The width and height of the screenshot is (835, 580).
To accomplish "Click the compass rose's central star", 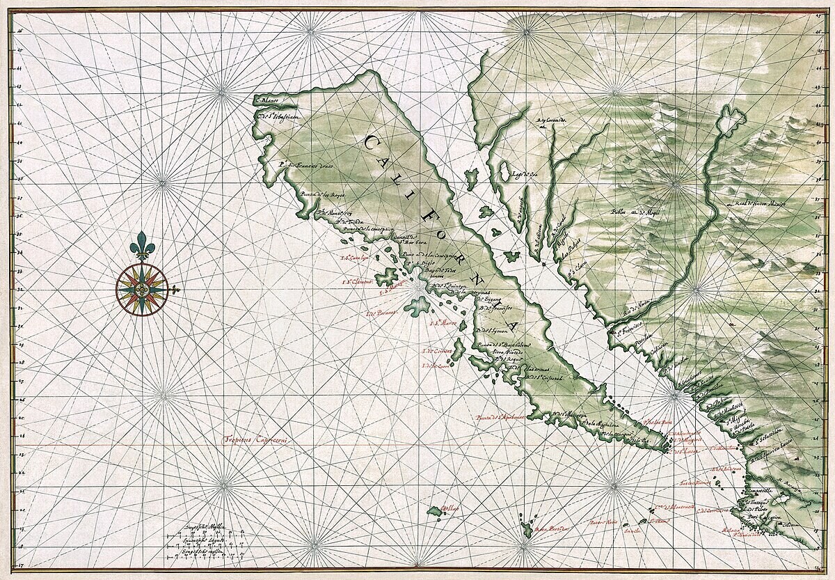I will point(142,288).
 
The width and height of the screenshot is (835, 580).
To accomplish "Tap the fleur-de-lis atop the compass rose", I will point(143,245).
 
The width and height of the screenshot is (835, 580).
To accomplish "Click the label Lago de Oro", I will point(527,175).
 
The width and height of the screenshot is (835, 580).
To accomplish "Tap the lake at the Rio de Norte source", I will point(731,123).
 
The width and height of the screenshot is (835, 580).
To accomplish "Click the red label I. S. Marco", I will point(443,322).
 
